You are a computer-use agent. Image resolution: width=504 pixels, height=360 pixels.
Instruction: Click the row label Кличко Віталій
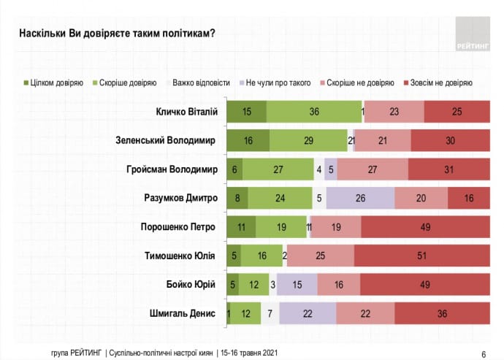pyautogui.click(x=185, y=111)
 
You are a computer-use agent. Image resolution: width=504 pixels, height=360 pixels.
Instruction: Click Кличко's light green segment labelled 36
pyautogui.click(x=314, y=111)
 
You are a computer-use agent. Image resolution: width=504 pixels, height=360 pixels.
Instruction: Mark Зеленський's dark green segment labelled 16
pyautogui.click(x=248, y=139)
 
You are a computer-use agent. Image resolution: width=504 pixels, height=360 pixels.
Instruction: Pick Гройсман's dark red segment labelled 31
pyautogui.click(x=448, y=169)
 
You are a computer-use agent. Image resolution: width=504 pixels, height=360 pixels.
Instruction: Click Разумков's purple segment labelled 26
pyautogui.click(x=360, y=197)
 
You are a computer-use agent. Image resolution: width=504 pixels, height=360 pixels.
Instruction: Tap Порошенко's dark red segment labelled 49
pyautogui.click(x=424, y=226)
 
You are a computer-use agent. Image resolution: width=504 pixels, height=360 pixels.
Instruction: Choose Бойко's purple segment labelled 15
pyautogui.click(x=296, y=285)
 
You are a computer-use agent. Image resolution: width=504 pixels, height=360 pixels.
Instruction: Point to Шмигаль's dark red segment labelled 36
pyautogui.click(x=442, y=313)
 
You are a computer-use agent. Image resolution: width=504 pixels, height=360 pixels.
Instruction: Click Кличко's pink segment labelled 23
pyautogui.click(x=394, y=111)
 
